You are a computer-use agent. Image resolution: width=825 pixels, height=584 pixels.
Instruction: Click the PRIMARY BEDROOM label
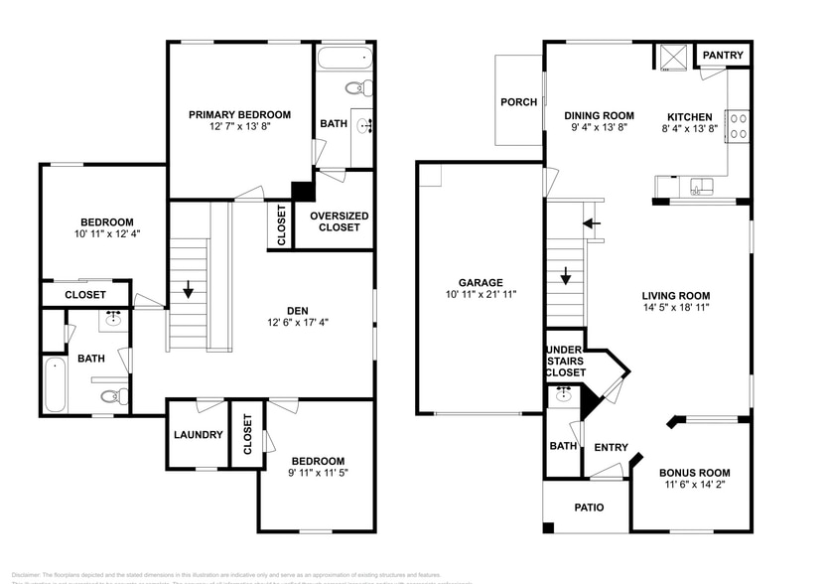point(239,114)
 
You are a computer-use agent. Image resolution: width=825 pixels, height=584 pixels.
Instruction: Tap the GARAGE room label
point(481,282)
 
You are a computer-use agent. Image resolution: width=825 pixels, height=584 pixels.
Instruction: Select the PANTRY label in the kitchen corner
point(723,56)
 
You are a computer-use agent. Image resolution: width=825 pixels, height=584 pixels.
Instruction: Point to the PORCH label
point(518,102)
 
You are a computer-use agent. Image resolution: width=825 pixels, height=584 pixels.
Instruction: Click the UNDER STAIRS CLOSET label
point(564,361)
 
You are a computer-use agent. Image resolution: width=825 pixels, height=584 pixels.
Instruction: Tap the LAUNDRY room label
point(198,434)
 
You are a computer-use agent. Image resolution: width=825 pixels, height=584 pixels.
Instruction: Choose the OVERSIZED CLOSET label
point(339,221)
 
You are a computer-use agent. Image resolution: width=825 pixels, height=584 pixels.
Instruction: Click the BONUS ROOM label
point(694,473)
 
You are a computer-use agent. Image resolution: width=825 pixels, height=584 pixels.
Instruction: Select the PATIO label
point(589,508)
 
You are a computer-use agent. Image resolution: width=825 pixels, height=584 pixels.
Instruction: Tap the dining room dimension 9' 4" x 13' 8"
point(599,128)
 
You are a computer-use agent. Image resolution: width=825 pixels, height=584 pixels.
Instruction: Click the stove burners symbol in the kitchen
point(739,126)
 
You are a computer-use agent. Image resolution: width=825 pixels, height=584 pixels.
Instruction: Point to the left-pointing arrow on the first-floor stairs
point(593,223)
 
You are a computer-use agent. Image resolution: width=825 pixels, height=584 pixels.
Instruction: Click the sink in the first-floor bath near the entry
point(565,393)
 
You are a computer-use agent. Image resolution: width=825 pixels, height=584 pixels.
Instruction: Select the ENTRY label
point(611,447)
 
